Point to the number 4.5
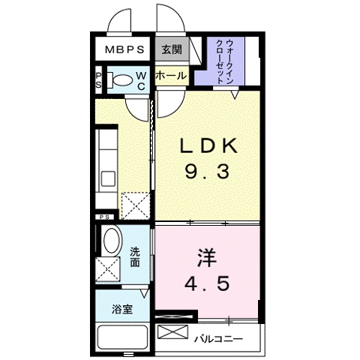(x=207, y=285)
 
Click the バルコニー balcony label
(x=218, y=339)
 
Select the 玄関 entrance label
(x=171, y=50)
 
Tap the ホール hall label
(x=171, y=76)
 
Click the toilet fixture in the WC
(x=120, y=80)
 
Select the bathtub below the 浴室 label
(x=123, y=338)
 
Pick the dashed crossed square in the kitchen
(x=135, y=204)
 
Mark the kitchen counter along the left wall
(x=106, y=161)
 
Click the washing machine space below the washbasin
(x=109, y=268)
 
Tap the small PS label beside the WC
(x=98, y=80)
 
